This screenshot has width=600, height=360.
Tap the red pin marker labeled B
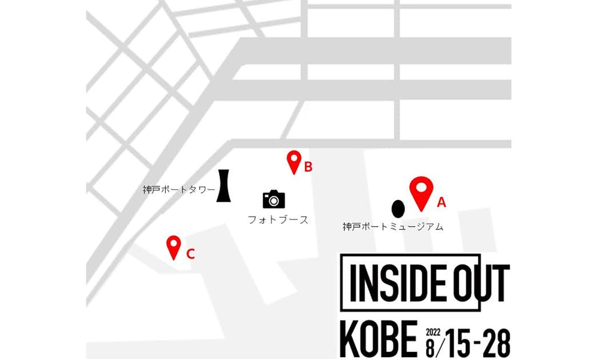(294, 161)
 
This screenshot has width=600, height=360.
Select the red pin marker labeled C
(174, 247)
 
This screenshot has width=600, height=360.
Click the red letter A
(441, 202)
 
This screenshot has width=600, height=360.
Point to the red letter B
(308, 167)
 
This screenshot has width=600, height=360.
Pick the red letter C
(191, 254)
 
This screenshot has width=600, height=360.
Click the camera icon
(274, 199)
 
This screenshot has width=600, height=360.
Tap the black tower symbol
(223, 186)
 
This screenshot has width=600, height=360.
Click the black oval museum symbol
(398, 209)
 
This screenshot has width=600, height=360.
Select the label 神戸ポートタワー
(178, 190)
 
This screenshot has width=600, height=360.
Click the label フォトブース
(278, 219)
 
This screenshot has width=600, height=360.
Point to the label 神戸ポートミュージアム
(393, 227)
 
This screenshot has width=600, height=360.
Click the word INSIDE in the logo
(394, 283)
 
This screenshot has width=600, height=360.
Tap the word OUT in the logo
(479, 283)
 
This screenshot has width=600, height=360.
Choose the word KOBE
(378, 339)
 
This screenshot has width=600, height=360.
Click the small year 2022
(434, 331)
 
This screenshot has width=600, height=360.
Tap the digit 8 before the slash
(430, 346)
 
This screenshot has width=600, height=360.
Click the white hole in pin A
(422, 186)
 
